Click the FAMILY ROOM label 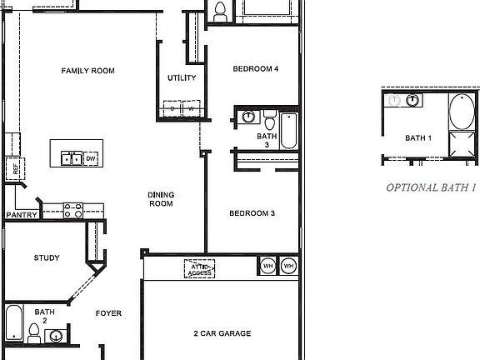(87, 71)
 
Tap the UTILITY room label (182, 78)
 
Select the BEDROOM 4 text (255, 69)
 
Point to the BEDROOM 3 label (252, 213)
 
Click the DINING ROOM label (161, 198)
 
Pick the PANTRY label (21, 214)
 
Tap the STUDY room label (47, 257)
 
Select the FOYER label (108, 313)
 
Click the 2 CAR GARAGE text (222, 333)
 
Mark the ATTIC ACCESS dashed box (199, 268)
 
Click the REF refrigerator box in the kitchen (14, 167)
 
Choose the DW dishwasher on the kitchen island (91, 157)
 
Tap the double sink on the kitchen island (70, 157)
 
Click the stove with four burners (72, 210)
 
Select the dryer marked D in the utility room (172, 109)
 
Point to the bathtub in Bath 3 (287, 130)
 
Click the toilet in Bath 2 (34, 332)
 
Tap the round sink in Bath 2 (56, 336)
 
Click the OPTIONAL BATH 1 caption (430, 187)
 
